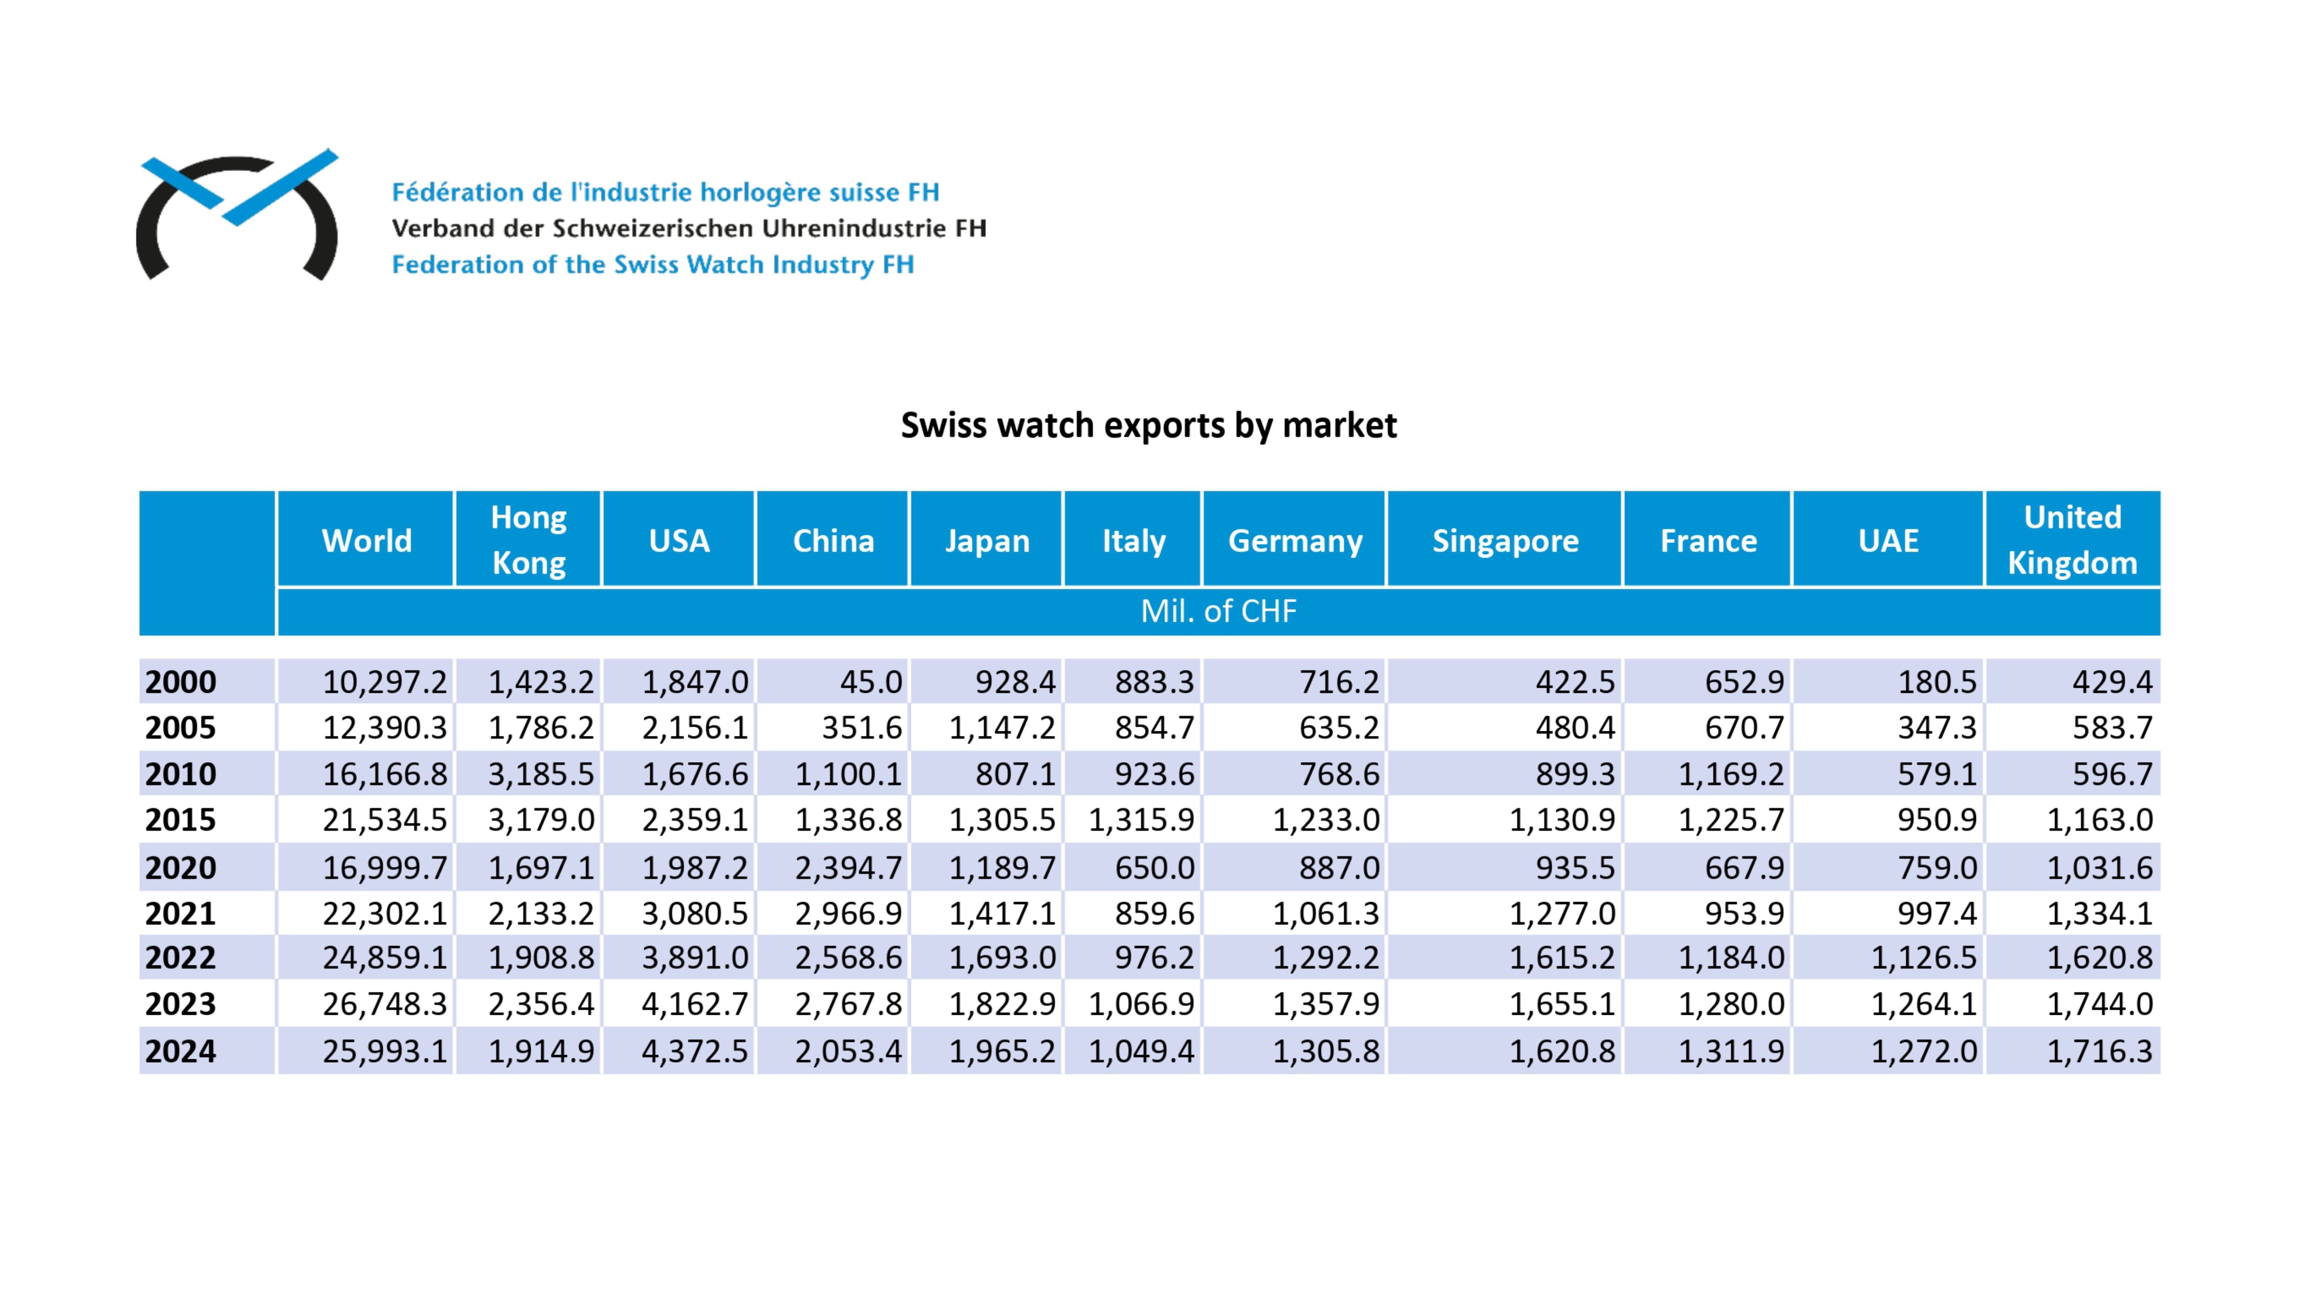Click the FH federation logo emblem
pos(237,215)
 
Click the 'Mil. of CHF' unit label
pos(1218,611)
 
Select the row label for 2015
pos(181,819)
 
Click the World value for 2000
pos(385,682)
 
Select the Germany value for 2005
pos(1339,727)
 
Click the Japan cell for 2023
pos(1002,1004)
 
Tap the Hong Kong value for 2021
pos(540,913)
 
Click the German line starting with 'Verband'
pos(689,228)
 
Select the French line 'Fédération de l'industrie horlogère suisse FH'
pos(665,192)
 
